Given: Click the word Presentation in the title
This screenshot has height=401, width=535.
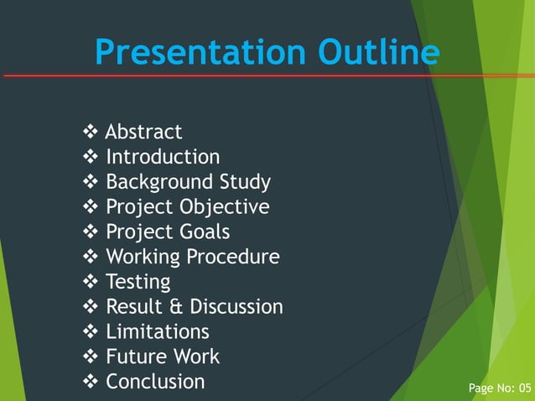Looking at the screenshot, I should tap(202, 53).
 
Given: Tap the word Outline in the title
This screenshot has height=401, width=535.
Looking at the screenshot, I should tap(378, 53).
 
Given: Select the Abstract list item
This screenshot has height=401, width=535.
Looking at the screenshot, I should tap(143, 133).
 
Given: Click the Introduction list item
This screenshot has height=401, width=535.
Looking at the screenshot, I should tap(163, 157).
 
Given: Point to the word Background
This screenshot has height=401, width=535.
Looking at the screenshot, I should tap(159, 182).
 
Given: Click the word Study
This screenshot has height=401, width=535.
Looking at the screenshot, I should tap(245, 182).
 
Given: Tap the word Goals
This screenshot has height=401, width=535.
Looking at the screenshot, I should tap(205, 232).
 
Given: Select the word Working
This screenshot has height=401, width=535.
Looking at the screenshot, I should tap(143, 257).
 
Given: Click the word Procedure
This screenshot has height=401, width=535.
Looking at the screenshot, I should tap(234, 257).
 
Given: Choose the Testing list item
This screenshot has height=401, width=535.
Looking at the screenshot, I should tap(138, 282).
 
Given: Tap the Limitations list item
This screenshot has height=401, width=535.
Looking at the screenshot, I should tap(157, 331).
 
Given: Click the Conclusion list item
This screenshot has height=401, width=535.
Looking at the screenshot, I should tap(155, 382).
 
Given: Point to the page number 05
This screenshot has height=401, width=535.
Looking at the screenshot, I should tap(525, 388).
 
